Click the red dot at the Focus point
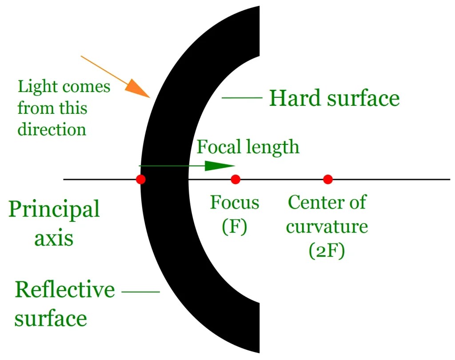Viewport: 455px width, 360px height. pyautogui.click(x=235, y=180)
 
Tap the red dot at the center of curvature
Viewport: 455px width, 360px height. pyautogui.click(x=328, y=180)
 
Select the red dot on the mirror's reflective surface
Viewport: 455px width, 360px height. pyautogui.click(x=141, y=180)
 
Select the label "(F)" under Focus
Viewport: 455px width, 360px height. pyautogui.click(x=234, y=226)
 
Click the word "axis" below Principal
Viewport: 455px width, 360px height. pyautogui.click(x=54, y=239)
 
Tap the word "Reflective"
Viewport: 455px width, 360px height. pyautogui.click(x=65, y=290)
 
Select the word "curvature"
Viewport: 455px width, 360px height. pyautogui.click(x=327, y=227)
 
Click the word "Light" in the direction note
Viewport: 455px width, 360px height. pyautogui.click(x=36, y=86)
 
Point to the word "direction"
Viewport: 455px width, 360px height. pyautogui.click(x=52, y=129)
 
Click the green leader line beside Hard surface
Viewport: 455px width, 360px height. pyautogui.click(x=242, y=97)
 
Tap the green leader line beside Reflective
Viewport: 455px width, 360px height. pyautogui.click(x=140, y=292)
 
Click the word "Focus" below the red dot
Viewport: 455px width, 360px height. pyautogui.click(x=235, y=203)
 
